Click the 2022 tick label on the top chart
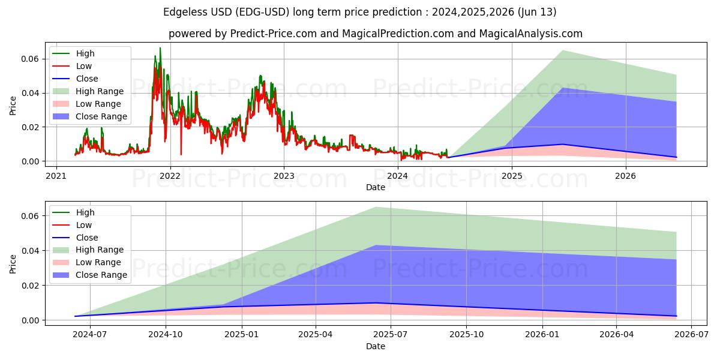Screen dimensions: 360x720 tap(170, 176)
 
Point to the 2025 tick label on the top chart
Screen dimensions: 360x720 tap(512, 176)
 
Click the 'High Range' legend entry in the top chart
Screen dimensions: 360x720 tap(100, 91)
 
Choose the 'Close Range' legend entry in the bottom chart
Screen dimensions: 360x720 tap(101, 275)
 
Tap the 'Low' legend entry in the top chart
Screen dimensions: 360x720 tap(84, 66)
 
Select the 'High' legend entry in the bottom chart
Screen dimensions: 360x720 tap(85, 212)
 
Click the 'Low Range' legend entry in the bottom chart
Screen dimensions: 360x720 tap(98, 262)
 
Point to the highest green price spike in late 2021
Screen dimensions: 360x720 tap(160, 48)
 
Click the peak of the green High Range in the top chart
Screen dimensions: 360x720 tap(562, 50)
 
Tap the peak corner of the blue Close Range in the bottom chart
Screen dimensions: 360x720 tap(376, 245)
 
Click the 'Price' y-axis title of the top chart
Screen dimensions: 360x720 tap(13, 105)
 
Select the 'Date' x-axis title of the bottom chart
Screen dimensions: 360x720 tap(376, 346)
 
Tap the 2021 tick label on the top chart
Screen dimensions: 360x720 tap(56, 176)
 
